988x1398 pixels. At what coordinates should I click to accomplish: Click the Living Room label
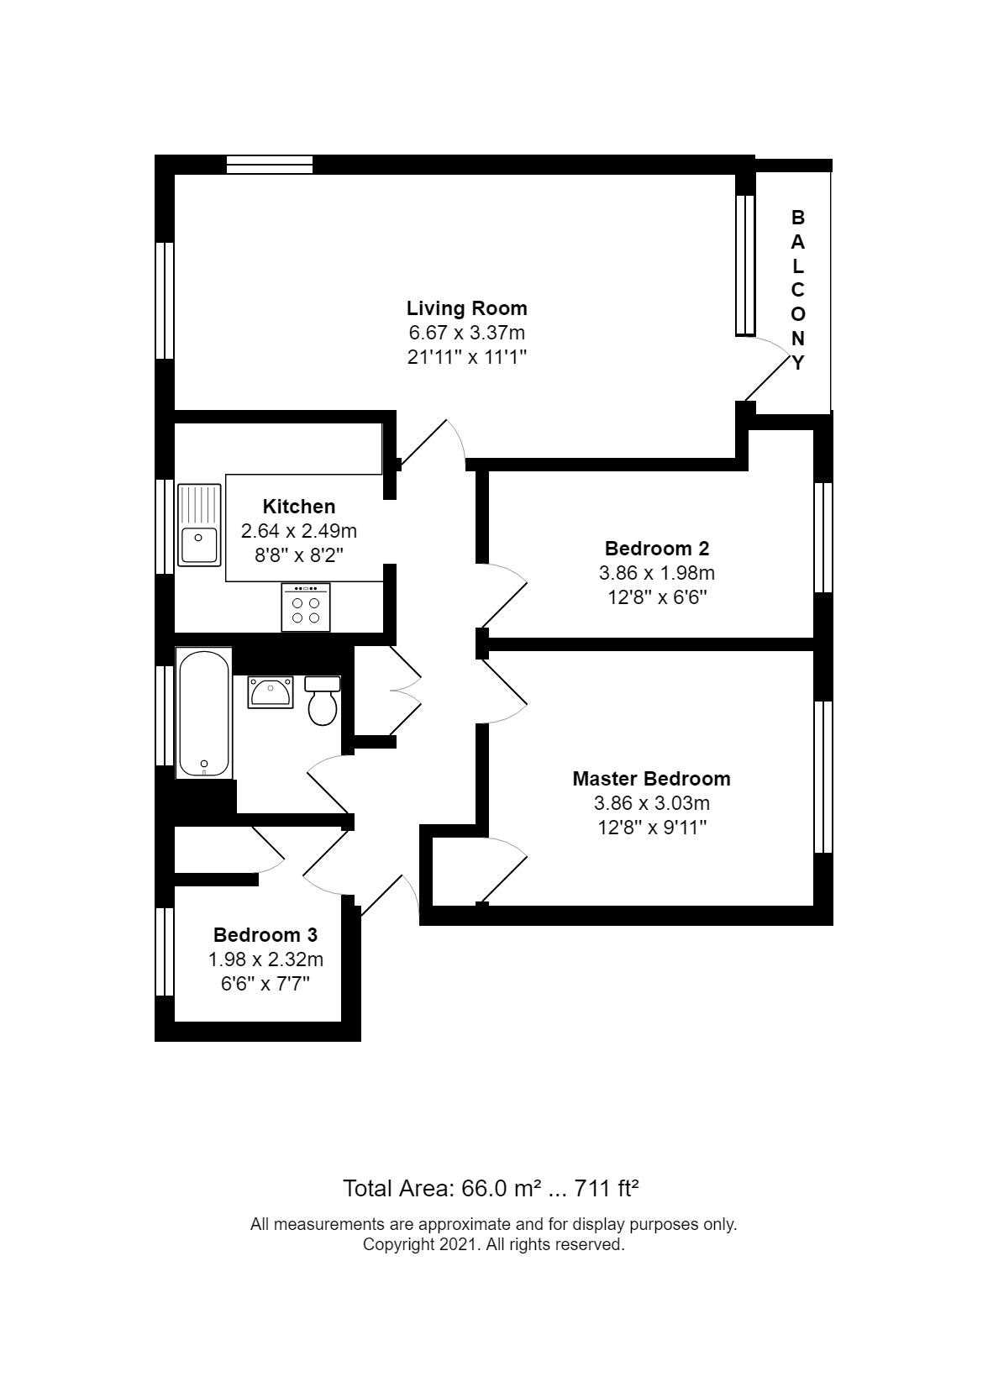[467, 308]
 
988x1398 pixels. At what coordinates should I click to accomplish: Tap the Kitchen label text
[298, 506]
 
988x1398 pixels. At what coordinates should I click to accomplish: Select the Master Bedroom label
[651, 779]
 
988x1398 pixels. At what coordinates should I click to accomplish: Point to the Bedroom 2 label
[657, 549]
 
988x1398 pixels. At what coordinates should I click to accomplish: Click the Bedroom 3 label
[265, 935]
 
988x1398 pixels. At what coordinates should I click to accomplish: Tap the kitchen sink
[199, 525]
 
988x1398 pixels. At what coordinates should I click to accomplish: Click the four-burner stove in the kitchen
[306, 607]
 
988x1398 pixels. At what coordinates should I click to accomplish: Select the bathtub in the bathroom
[203, 713]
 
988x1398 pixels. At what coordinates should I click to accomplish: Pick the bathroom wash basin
[271, 692]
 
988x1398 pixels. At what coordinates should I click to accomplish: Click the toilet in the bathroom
[323, 701]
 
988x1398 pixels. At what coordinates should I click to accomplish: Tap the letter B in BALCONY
[797, 218]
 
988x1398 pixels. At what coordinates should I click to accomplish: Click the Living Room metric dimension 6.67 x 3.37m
[467, 333]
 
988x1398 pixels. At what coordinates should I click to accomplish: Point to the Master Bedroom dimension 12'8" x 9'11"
[652, 828]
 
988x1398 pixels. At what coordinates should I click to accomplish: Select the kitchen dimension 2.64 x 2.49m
[299, 531]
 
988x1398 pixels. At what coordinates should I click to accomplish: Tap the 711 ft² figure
[606, 1190]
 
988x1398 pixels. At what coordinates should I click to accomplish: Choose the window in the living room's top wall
[269, 165]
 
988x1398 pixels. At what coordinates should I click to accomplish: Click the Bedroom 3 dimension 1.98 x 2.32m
[265, 959]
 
